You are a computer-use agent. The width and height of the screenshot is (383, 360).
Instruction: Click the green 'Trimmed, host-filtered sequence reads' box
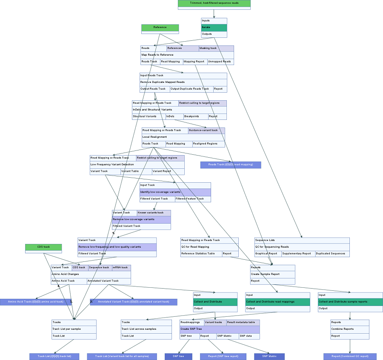pos(214,3)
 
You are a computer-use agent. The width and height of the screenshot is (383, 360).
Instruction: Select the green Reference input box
pos(160,28)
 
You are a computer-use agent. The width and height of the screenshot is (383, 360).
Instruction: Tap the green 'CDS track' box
pos(43,247)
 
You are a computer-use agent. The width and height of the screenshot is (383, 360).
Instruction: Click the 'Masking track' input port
pos(216,48)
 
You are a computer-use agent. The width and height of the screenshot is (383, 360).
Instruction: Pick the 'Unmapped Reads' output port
pos(220,62)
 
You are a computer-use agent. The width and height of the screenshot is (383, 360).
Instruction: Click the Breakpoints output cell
pos(196,116)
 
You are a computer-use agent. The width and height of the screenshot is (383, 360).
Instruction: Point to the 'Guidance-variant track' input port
pos(206,130)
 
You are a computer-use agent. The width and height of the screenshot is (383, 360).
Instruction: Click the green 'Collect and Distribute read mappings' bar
pos(277,302)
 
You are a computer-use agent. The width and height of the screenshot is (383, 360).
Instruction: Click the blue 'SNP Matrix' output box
pos(269,356)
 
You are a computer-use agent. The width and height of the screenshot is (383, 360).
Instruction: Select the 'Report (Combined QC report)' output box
pos(350,356)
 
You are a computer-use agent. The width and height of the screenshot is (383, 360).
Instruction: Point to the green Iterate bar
pos(214,27)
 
